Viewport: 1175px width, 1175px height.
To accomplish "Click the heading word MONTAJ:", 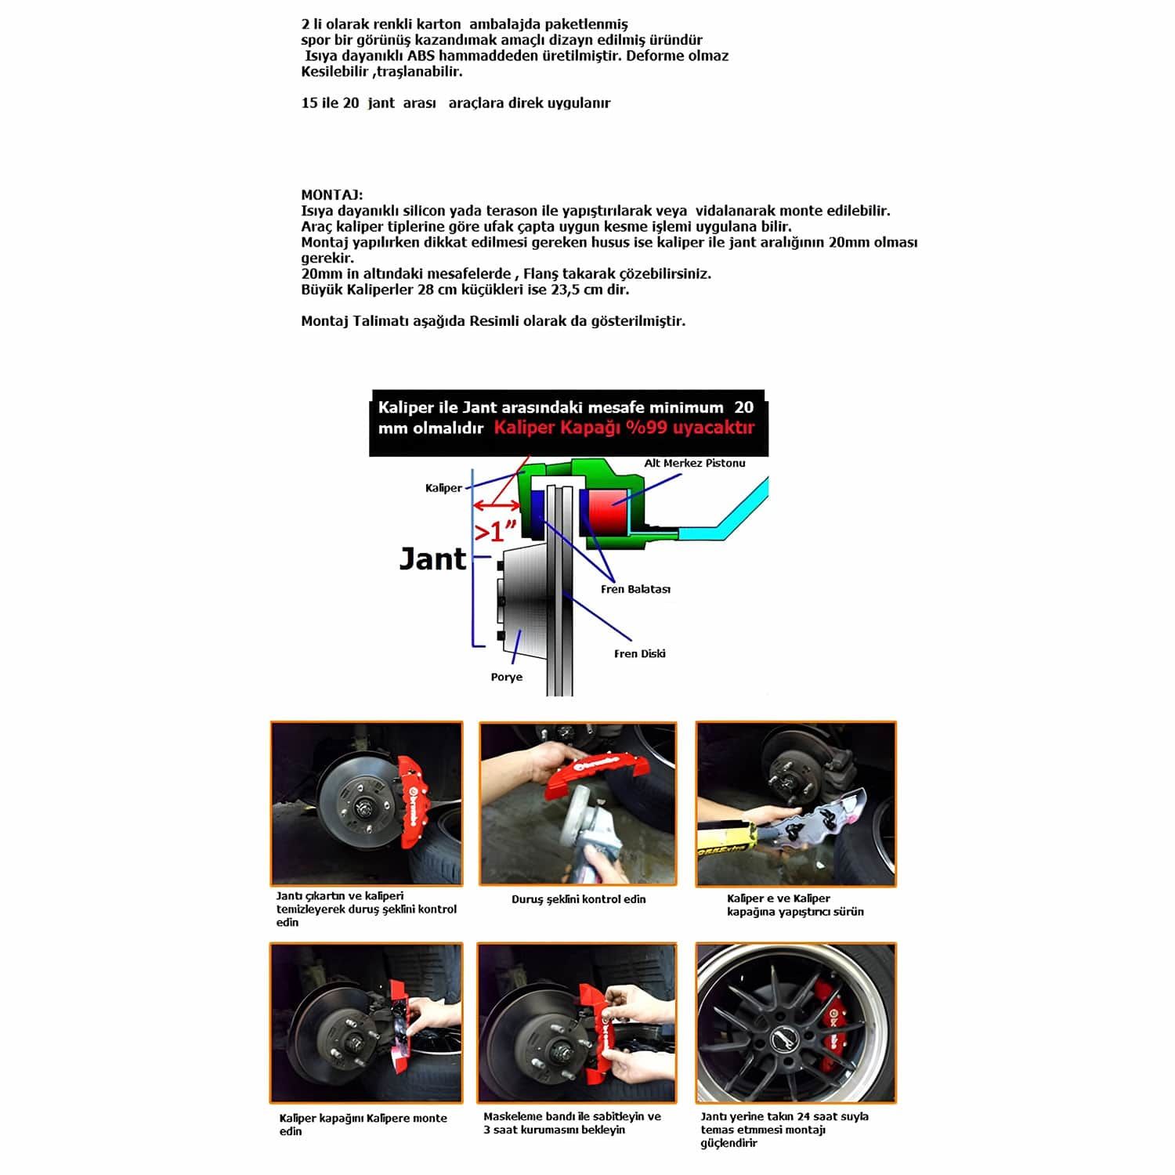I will [x=331, y=195].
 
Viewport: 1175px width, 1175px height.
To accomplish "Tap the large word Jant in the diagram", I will [x=432, y=559].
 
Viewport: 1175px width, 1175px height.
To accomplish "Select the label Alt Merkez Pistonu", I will [x=694, y=463].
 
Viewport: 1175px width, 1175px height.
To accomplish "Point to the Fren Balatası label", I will [x=635, y=589].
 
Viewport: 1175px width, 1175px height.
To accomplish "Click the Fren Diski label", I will [x=639, y=653].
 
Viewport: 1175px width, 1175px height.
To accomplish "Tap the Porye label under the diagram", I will [x=506, y=677].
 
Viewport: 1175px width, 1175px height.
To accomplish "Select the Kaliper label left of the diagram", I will [x=443, y=488].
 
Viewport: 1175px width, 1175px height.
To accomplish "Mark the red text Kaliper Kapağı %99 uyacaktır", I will [x=624, y=428].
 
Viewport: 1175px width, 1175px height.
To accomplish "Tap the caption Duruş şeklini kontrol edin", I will [x=578, y=899].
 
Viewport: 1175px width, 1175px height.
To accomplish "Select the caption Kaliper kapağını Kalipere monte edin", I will [x=363, y=1124].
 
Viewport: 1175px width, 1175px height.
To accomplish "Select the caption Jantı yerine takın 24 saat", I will [x=784, y=1129].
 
